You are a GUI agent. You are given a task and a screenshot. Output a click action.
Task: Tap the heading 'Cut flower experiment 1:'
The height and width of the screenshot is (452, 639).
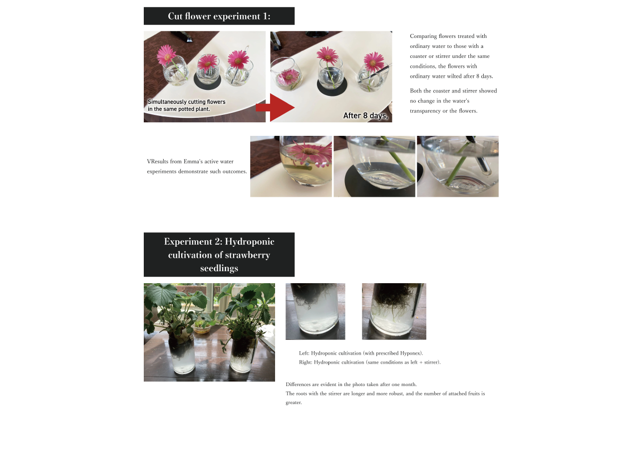click(x=219, y=16)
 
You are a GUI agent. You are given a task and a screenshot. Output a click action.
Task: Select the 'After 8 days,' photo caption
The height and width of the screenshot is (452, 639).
click(x=365, y=115)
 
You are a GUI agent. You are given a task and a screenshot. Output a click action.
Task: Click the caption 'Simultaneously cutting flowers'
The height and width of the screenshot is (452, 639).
click(x=187, y=102)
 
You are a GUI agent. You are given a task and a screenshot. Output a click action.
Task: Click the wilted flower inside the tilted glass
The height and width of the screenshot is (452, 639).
click(x=289, y=76)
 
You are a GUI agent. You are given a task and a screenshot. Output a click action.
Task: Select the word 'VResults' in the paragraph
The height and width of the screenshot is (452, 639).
click(x=157, y=161)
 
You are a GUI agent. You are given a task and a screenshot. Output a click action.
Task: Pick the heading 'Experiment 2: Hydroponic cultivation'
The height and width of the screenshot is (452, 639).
click(x=219, y=248)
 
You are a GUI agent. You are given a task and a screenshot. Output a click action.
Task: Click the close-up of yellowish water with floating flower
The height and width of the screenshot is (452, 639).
click(x=291, y=166)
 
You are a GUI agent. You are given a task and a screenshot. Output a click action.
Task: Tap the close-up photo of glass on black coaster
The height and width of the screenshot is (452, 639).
click(x=374, y=166)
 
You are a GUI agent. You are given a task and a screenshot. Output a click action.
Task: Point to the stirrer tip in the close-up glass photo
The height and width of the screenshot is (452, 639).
click(x=486, y=172)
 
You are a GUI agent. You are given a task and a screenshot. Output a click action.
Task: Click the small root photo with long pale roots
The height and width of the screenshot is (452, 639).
click(x=394, y=311)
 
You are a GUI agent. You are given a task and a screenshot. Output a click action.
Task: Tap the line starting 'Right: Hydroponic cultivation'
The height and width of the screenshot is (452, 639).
click(x=370, y=363)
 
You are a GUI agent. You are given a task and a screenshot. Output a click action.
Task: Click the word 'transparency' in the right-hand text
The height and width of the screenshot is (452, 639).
click(x=425, y=111)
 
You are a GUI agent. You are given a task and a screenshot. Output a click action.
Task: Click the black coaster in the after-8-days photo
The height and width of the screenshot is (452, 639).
click(x=332, y=88)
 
